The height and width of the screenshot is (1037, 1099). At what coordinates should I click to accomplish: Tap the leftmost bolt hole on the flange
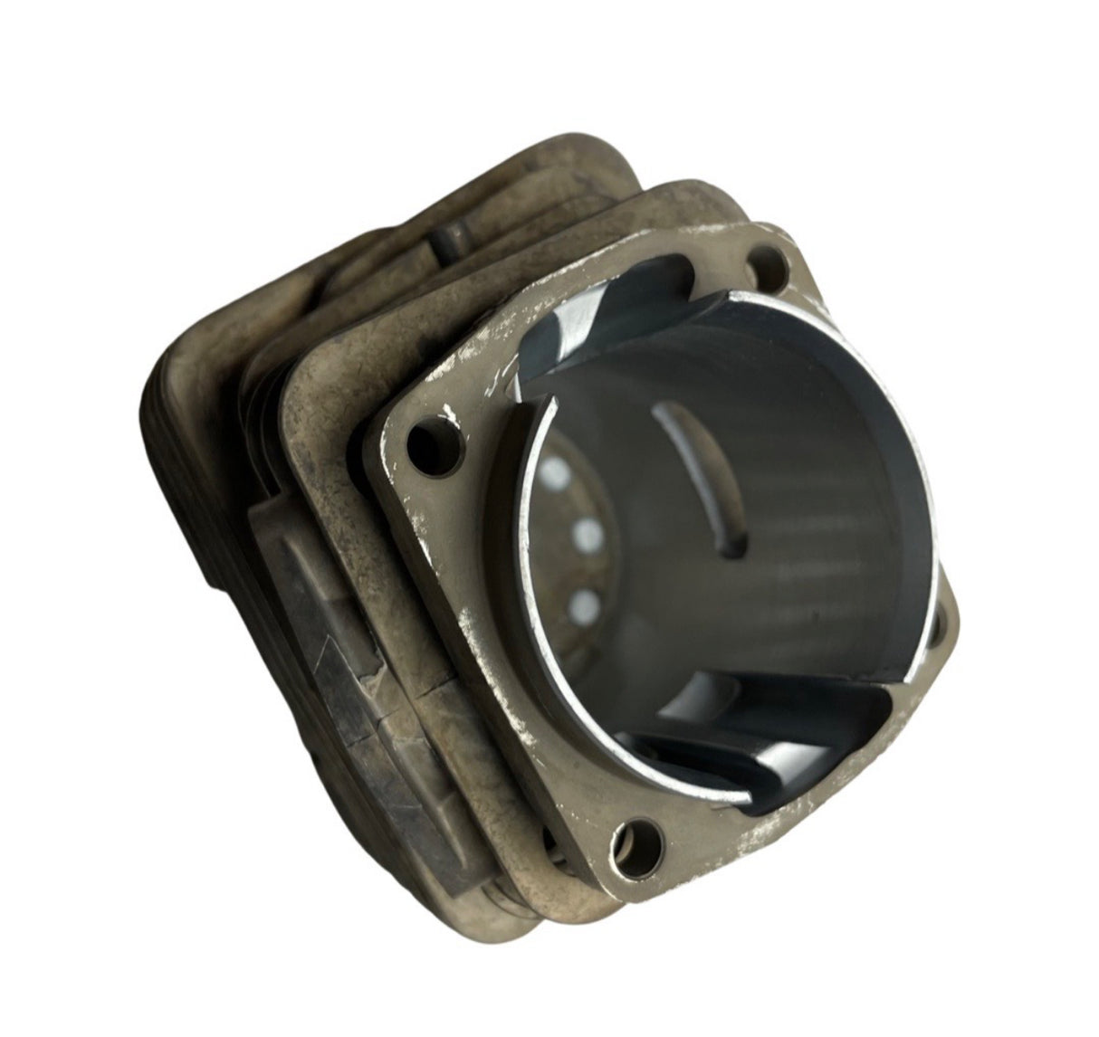point(420,443)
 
